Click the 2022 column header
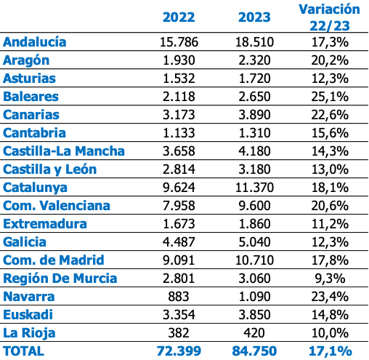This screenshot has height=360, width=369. coord(179,17)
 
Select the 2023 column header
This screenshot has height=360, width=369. coord(254,17)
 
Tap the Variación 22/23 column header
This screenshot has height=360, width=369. coord(330,17)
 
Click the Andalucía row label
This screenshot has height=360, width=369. coord(35,41)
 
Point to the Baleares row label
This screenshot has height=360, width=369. coord(31,97)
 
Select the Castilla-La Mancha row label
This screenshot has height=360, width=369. coord(64,151)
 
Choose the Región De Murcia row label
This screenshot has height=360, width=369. coord(60,279)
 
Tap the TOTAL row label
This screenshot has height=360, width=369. coord(24,351)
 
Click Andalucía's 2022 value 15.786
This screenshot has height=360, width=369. coord(179,42)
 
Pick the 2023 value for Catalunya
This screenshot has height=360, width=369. coord(254,188)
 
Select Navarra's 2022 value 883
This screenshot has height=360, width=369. coord(179,297)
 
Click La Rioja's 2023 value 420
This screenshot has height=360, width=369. coord(254,333)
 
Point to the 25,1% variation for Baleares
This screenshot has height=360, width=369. coord(330,97)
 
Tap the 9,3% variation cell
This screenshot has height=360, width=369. coord(330,279)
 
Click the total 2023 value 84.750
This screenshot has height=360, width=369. coord(254,351)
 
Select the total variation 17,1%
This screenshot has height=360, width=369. coord(331,351)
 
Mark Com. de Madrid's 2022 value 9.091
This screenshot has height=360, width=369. coord(179,260)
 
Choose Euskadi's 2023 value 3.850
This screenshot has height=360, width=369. coord(254,315)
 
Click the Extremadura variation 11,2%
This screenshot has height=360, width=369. coord(330,224)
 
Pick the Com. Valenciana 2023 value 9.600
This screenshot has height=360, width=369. coord(254,206)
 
